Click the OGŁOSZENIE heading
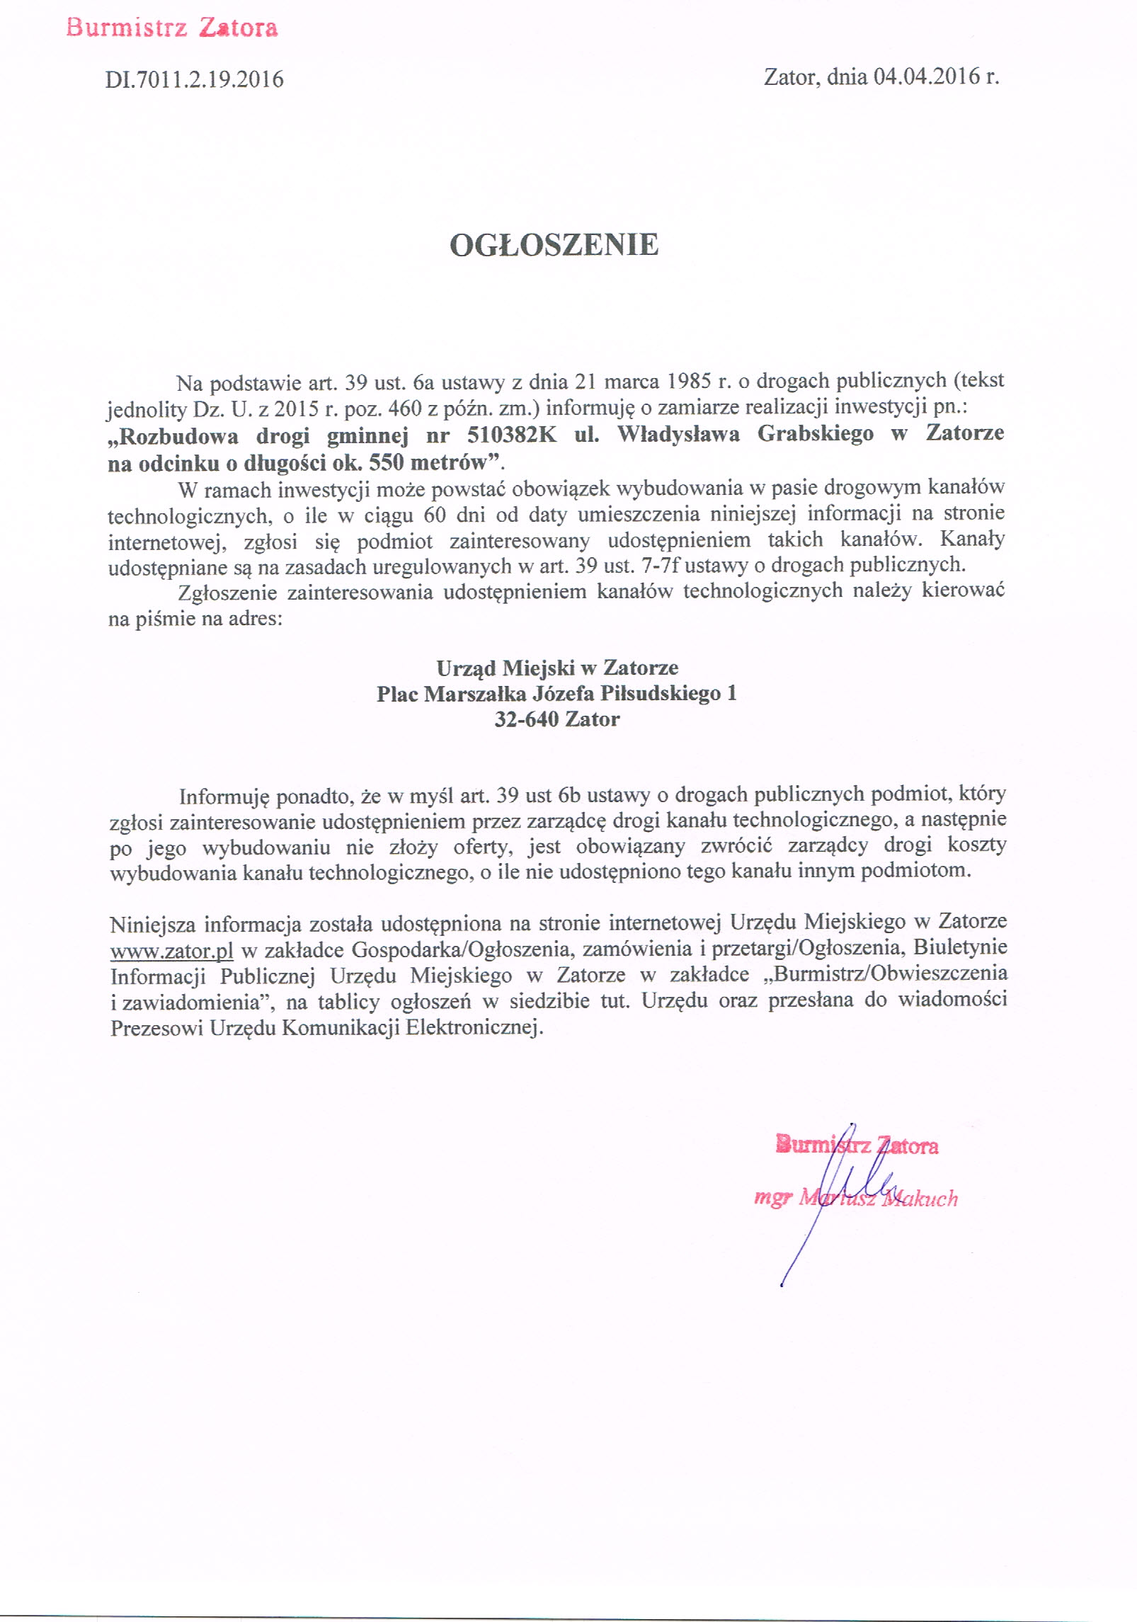click(554, 245)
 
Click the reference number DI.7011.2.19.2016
click(195, 79)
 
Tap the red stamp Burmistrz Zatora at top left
click(172, 28)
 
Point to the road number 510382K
click(512, 433)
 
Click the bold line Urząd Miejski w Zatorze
click(557, 668)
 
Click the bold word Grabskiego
click(816, 433)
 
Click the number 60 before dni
click(435, 514)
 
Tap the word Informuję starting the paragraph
click(224, 796)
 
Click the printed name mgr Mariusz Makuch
click(856, 1199)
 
